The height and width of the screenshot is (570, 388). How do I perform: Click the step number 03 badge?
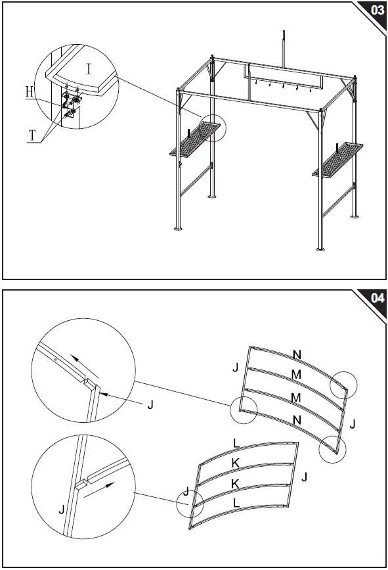(376, 11)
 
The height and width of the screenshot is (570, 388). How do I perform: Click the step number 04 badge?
(376, 298)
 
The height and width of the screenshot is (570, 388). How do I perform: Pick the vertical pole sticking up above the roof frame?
(284, 48)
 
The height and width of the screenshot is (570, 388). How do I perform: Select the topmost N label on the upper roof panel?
(297, 354)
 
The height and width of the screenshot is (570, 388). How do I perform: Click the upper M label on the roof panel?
(297, 374)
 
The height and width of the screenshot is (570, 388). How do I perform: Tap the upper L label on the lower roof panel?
(238, 442)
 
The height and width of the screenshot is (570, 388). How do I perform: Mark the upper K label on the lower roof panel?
(235, 463)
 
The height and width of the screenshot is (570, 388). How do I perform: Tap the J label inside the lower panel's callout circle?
(186, 492)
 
